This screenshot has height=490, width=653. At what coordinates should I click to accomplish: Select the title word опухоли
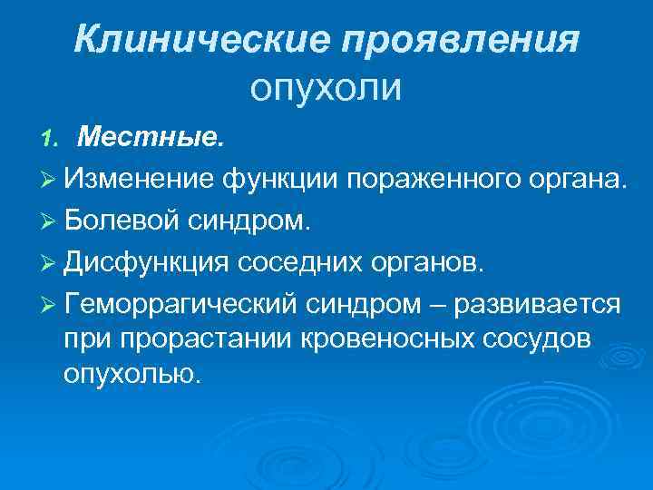click(326, 88)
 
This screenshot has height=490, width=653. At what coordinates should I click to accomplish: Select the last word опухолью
click(130, 373)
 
